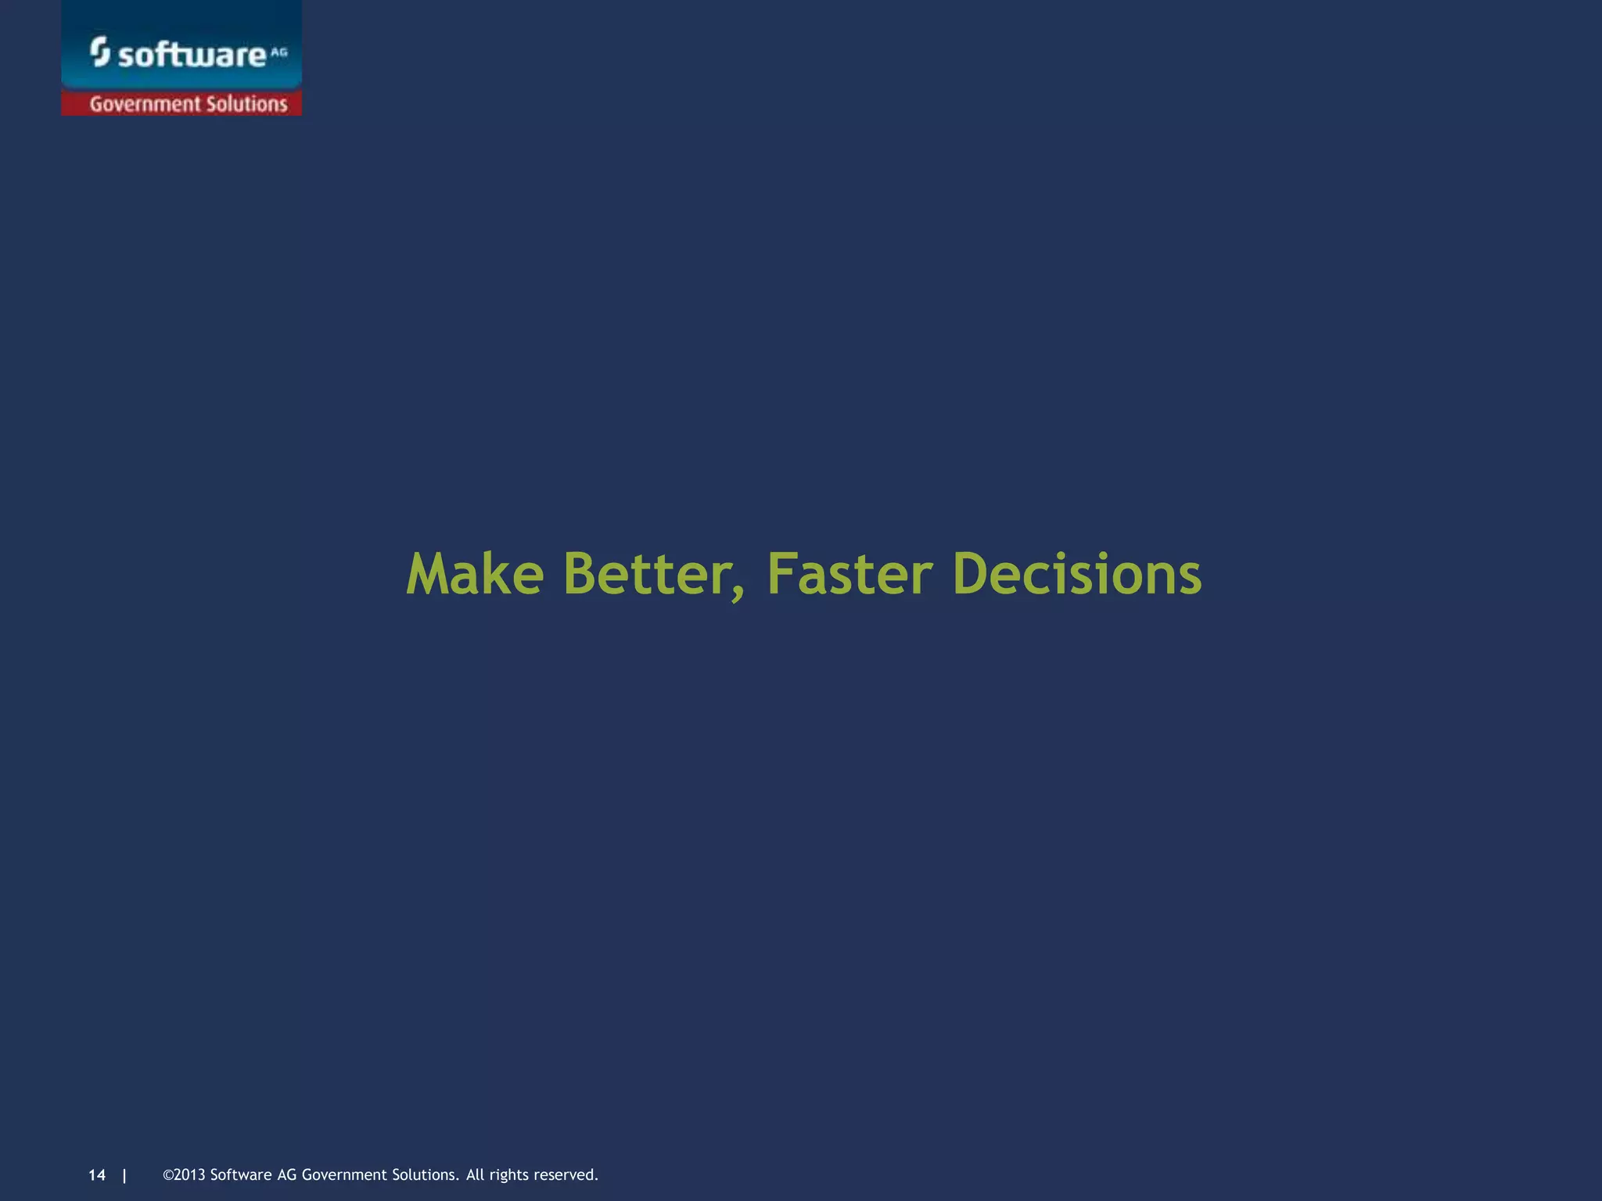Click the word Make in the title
475,574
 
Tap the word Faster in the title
850,574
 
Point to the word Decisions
1077,574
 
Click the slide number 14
97,1175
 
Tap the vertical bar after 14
124,1175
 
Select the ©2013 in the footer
184,1175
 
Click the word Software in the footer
241,1175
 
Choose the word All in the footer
476,1175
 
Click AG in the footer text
286,1175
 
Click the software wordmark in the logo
192,56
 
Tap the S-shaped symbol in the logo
99,52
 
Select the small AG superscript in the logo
279,52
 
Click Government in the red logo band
145,104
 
